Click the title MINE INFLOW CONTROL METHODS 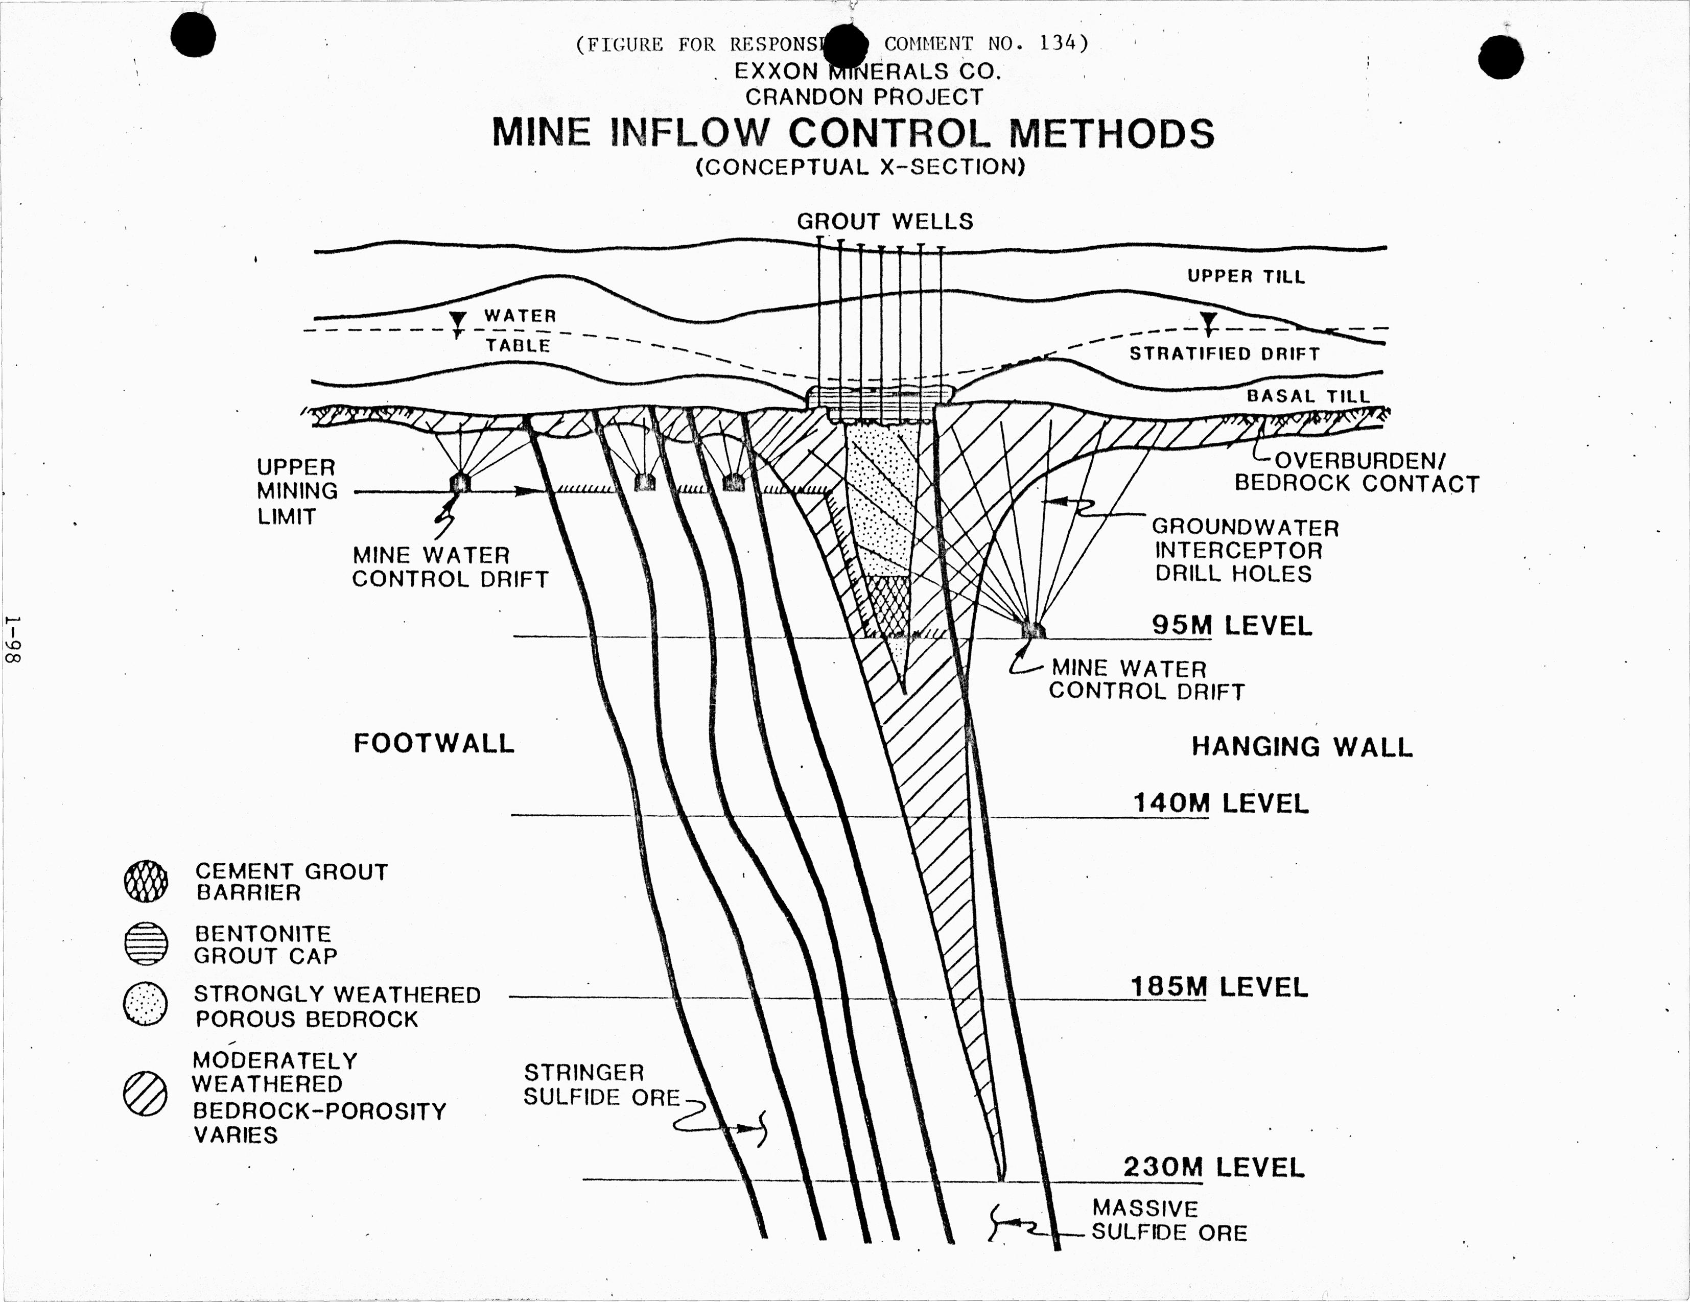click(x=853, y=133)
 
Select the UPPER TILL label click(x=1246, y=276)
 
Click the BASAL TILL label click(x=1308, y=395)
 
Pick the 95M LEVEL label click(x=1232, y=625)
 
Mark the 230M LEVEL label click(x=1214, y=1167)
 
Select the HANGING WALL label click(x=1302, y=747)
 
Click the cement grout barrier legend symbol click(x=146, y=881)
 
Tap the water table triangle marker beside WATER click(x=458, y=320)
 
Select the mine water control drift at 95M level click(x=1032, y=630)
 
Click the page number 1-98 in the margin click(x=14, y=639)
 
